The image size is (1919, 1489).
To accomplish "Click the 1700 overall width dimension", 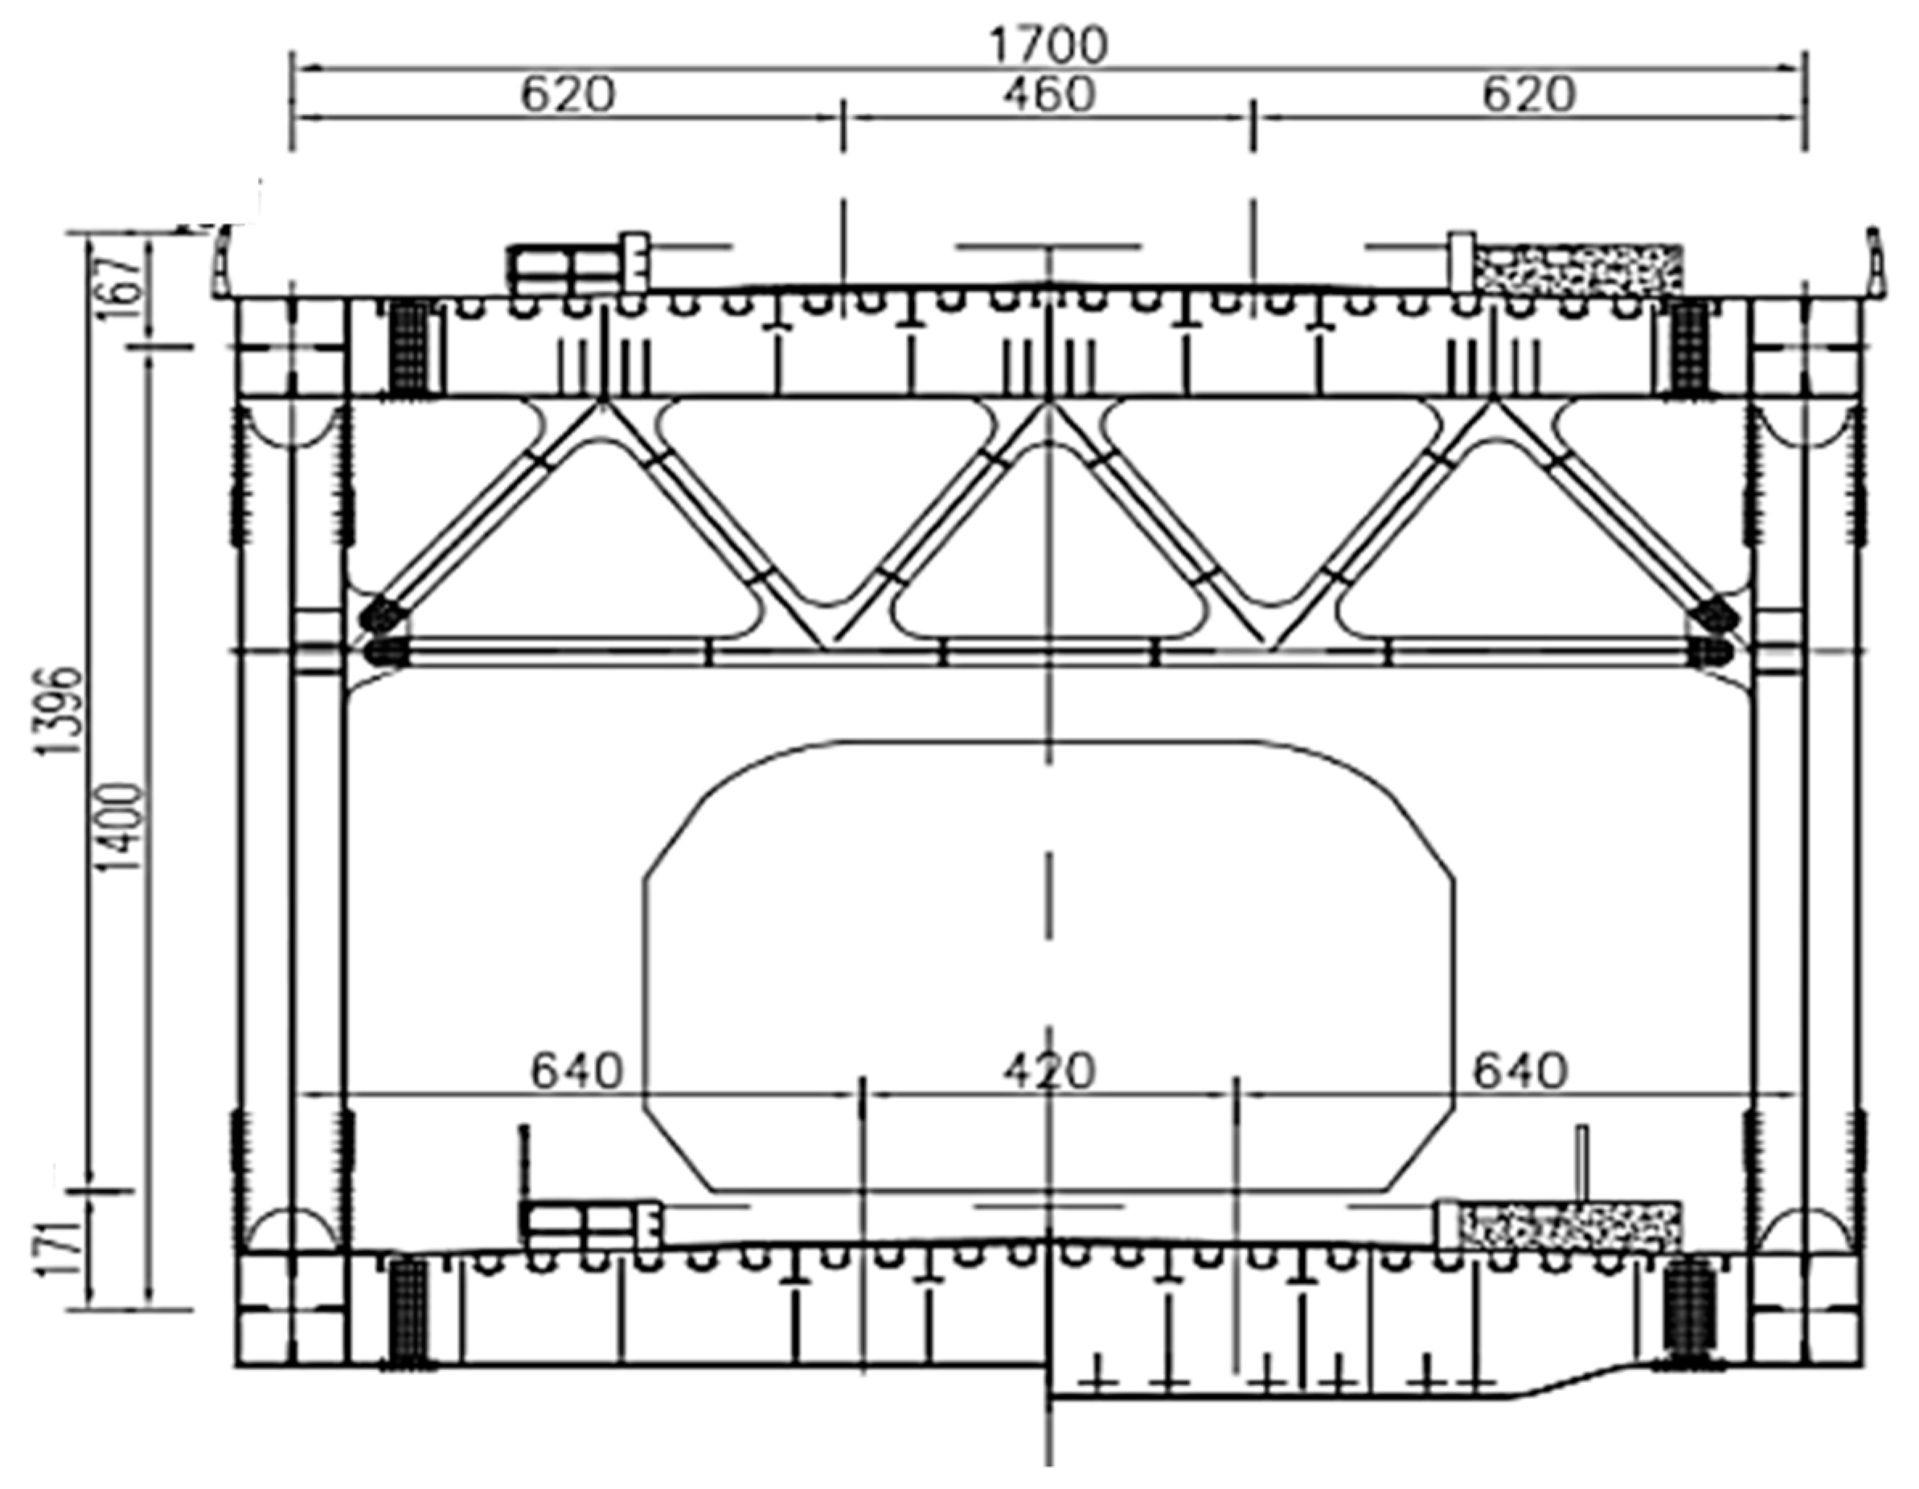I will [x=1048, y=46].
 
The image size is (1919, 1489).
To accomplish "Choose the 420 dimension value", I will [x=1049, y=1071].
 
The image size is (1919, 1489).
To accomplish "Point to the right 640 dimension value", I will [x=1520, y=1071].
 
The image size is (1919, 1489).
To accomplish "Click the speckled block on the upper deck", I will [x=1578, y=267].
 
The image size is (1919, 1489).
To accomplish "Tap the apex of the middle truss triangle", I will [x=1048, y=406].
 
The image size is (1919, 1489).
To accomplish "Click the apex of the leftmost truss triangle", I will [x=602, y=406].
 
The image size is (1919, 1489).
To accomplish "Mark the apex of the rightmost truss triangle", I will [x=1491, y=406].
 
